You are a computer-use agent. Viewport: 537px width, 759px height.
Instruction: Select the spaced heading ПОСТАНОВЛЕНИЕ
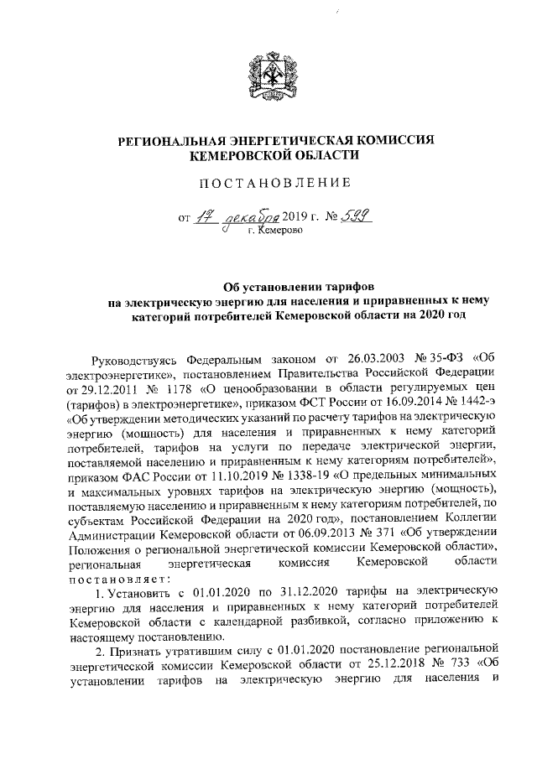pyautogui.click(x=268, y=183)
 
